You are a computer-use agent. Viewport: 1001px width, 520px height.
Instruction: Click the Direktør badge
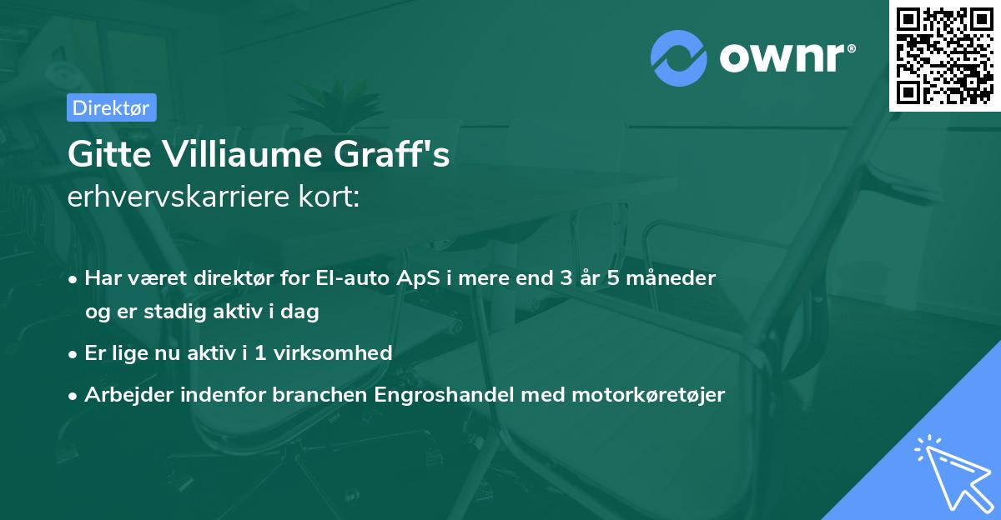pyautogui.click(x=110, y=107)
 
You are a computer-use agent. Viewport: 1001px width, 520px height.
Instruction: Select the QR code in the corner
pyautogui.click(x=944, y=56)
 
